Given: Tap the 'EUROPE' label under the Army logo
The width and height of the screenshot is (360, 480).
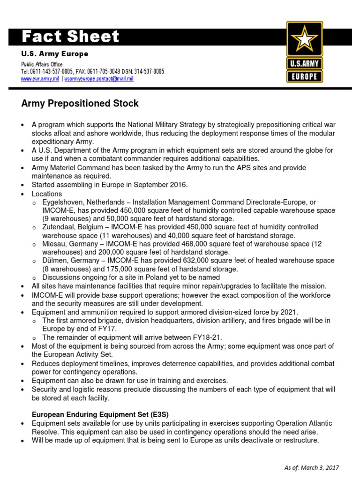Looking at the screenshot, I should pos(305,76).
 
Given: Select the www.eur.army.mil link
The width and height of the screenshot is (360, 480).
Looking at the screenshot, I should pos(40,79).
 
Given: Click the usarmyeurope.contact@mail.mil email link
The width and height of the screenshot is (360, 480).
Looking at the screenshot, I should pos(99,79).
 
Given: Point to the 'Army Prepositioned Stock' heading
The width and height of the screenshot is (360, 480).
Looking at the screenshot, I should pos(80,103).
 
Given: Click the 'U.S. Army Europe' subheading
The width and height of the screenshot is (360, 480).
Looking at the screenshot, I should pos(54,54).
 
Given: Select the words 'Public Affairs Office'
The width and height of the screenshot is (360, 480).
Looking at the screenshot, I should pos(42,64).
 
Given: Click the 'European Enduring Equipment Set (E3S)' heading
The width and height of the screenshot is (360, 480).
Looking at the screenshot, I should pos(100,414).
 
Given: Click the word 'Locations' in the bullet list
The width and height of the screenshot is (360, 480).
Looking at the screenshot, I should pos(46,194).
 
